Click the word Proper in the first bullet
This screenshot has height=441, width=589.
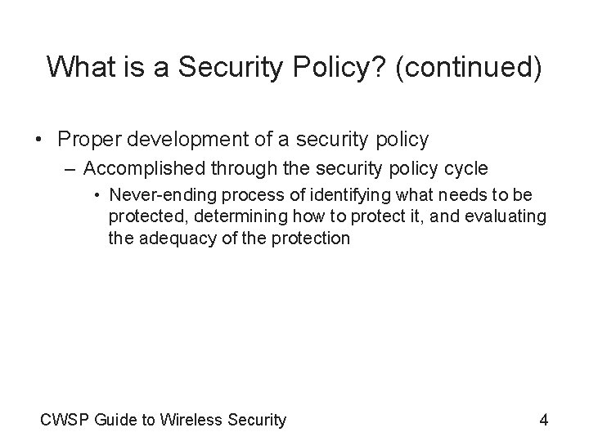[89, 140]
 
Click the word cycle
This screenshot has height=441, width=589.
[465, 169]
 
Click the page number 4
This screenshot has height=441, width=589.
[543, 421]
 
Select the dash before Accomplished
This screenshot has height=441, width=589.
[68, 169]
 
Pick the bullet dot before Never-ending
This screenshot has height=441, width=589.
[97, 196]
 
